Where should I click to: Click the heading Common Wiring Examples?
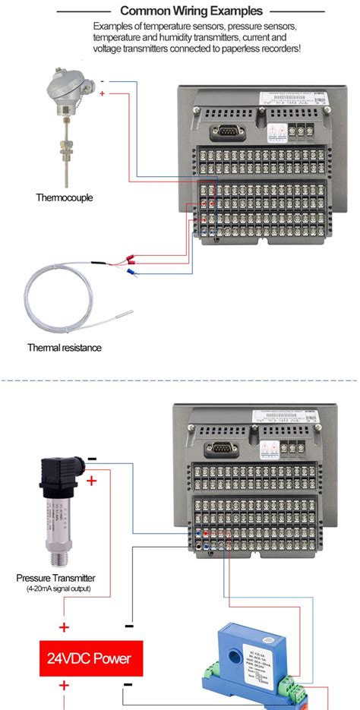[191, 11]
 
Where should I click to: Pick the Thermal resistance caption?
[64, 348]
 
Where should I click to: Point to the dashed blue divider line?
[180, 379]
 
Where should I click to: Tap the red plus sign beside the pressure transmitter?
[92, 481]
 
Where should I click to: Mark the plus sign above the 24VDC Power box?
[65, 628]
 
